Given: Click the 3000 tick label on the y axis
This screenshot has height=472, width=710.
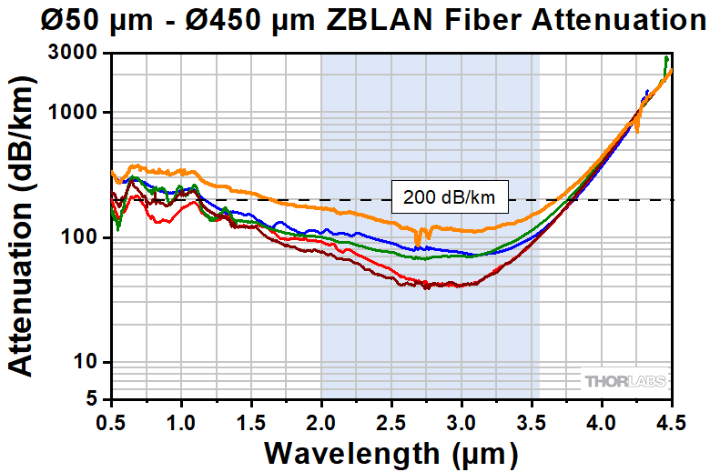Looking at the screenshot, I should click(x=79, y=54).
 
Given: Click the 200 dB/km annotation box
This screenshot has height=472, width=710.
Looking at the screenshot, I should click(x=449, y=196).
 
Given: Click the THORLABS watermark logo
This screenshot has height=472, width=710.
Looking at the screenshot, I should click(x=626, y=380).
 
